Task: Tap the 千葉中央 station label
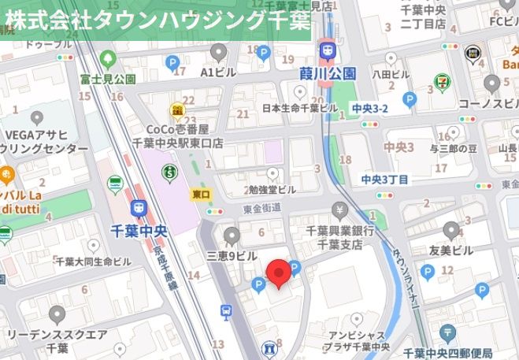click(139, 232)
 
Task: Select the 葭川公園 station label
click(328, 73)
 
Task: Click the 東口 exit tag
click(202, 193)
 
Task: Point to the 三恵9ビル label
click(232, 256)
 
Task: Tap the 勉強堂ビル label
click(272, 190)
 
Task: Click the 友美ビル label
click(451, 251)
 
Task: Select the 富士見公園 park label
click(108, 79)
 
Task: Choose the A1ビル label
click(218, 72)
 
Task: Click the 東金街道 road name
click(261, 207)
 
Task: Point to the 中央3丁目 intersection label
click(385, 180)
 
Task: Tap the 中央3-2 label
click(370, 108)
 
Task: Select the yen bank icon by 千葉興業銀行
click(339, 211)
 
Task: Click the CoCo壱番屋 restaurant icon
click(179, 109)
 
